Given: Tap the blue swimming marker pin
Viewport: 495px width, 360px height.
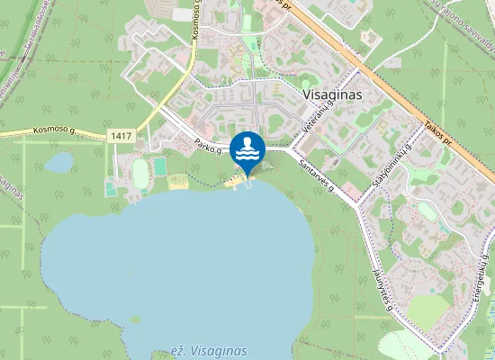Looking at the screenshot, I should (247, 149).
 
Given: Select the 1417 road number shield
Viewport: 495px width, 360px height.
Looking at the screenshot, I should (120, 135).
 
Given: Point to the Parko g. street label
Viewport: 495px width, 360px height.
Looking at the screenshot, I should (210, 148).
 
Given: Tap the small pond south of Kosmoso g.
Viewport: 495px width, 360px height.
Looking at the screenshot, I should (59, 163).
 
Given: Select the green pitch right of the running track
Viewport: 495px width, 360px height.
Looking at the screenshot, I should (160, 166).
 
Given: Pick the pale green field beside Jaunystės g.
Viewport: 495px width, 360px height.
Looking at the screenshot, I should (428, 311).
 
